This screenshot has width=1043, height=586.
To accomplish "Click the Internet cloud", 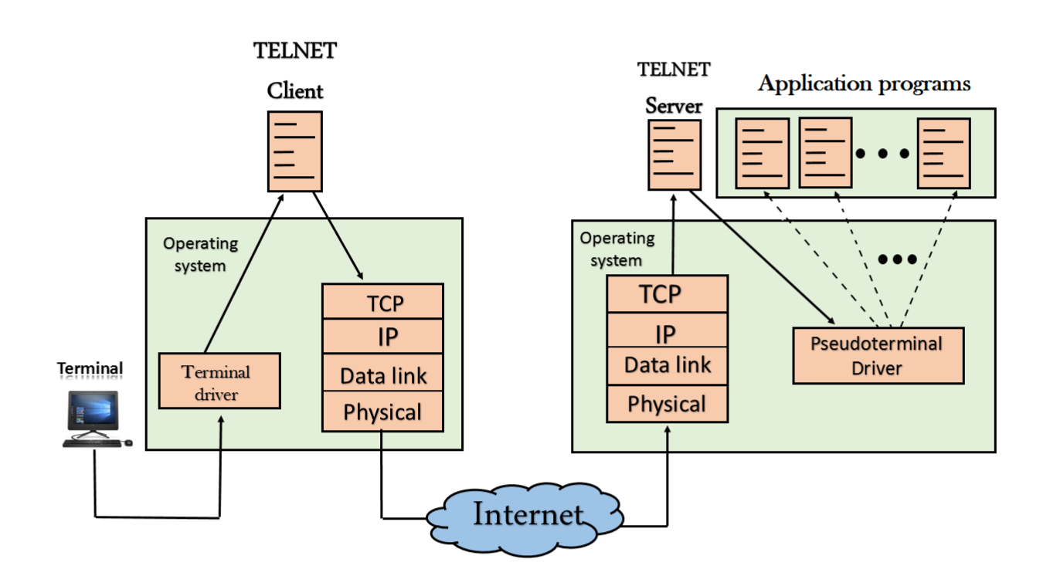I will (525, 513).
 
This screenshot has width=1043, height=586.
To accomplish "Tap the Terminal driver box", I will (219, 381).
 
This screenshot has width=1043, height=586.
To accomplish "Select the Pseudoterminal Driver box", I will (878, 355).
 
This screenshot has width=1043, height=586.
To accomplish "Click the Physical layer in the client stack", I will (382, 412).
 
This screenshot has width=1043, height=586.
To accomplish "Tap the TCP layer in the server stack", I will (667, 294).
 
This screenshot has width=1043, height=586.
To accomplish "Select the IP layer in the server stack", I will (667, 332).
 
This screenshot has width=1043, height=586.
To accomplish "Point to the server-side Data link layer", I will (667, 365).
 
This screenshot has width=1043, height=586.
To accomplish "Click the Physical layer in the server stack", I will (667, 404).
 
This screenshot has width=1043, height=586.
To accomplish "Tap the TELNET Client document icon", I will (294, 151).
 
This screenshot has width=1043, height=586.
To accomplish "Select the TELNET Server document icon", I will (674, 154).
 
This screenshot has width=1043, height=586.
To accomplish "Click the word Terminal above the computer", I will (90, 369).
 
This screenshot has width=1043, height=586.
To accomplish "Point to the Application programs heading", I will (864, 83).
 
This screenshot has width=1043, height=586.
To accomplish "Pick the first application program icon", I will (762, 153).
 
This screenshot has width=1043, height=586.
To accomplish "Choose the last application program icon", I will (943, 153).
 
